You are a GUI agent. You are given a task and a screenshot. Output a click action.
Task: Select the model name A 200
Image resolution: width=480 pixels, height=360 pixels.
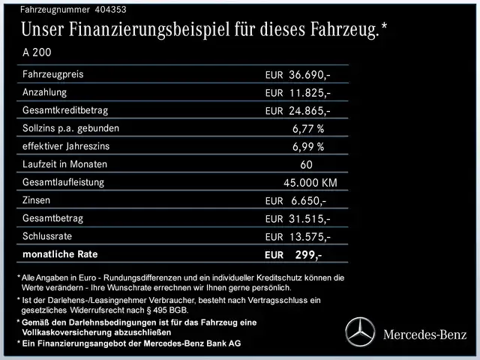[x=38, y=53]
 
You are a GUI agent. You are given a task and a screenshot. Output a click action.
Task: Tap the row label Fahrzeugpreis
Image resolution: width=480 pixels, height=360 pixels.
[x=53, y=74]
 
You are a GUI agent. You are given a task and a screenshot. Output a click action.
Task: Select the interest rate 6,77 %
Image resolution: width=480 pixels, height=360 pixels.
[x=308, y=129]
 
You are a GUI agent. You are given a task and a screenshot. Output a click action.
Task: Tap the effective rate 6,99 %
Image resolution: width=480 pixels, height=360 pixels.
[x=308, y=147]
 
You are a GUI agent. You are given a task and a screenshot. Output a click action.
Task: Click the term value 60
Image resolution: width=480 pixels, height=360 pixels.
[x=306, y=165]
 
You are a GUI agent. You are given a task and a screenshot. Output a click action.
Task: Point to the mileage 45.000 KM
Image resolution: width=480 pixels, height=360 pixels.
[x=310, y=183]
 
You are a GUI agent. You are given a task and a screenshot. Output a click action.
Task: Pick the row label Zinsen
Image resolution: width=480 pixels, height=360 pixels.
[x=39, y=200]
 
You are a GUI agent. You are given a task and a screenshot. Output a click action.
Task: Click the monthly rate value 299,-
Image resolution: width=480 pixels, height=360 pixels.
[x=308, y=255]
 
